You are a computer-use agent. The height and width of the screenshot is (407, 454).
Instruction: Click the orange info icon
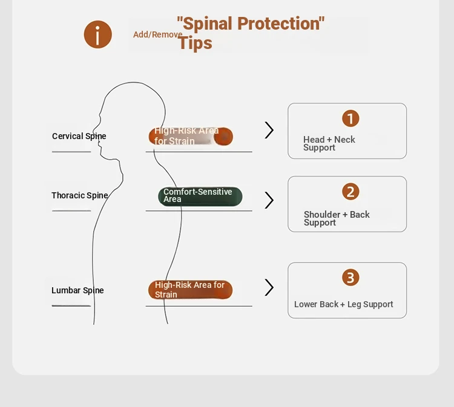pos(98,34)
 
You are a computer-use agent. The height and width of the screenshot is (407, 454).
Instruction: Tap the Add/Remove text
pos(157,34)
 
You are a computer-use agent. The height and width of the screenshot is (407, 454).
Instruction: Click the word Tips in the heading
pos(196,43)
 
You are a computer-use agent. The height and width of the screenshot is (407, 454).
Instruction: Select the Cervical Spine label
pos(79,136)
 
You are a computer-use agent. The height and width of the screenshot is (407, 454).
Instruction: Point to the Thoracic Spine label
pos(80,195)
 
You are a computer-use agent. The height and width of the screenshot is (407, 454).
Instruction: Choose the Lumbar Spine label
pos(77,290)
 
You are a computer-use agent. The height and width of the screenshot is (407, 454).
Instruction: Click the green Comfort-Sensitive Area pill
pos(200,197)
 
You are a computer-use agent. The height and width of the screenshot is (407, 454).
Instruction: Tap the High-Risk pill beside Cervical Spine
pos(191,136)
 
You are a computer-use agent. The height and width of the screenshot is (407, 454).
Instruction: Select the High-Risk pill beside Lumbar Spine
pos(190,290)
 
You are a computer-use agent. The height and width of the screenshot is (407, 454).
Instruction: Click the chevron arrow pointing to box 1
pos(269,130)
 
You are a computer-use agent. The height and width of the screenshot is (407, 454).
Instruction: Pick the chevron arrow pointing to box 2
pos(269,200)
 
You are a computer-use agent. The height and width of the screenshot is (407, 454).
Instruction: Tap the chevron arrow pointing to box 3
pos(269,287)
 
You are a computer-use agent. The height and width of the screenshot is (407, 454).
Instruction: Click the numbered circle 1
pos(350,119)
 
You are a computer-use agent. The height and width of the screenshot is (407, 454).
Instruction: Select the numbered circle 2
pos(350,192)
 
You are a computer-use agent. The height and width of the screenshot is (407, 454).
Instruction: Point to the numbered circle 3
pos(350,278)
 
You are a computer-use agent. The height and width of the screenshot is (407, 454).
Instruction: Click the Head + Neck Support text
pos(329,143)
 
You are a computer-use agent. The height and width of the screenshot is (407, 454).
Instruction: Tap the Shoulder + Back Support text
pos(337,218)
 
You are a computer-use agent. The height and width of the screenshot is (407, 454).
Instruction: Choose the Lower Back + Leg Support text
pos(344,304)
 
